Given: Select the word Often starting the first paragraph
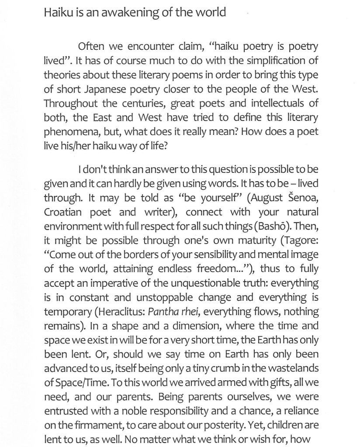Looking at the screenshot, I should (90, 46).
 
